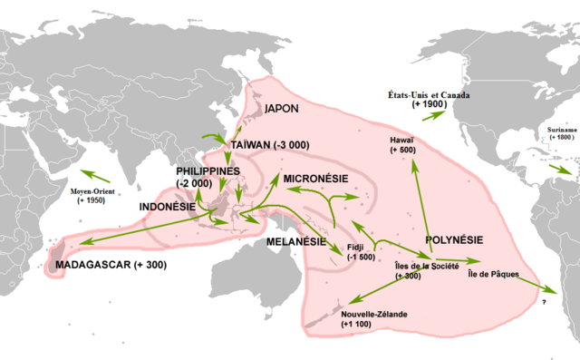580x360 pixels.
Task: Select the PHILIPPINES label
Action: click(x=208, y=170)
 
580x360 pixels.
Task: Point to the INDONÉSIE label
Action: click(x=169, y=207)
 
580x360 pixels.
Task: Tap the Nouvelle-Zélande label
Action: click(x=374, y=313)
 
